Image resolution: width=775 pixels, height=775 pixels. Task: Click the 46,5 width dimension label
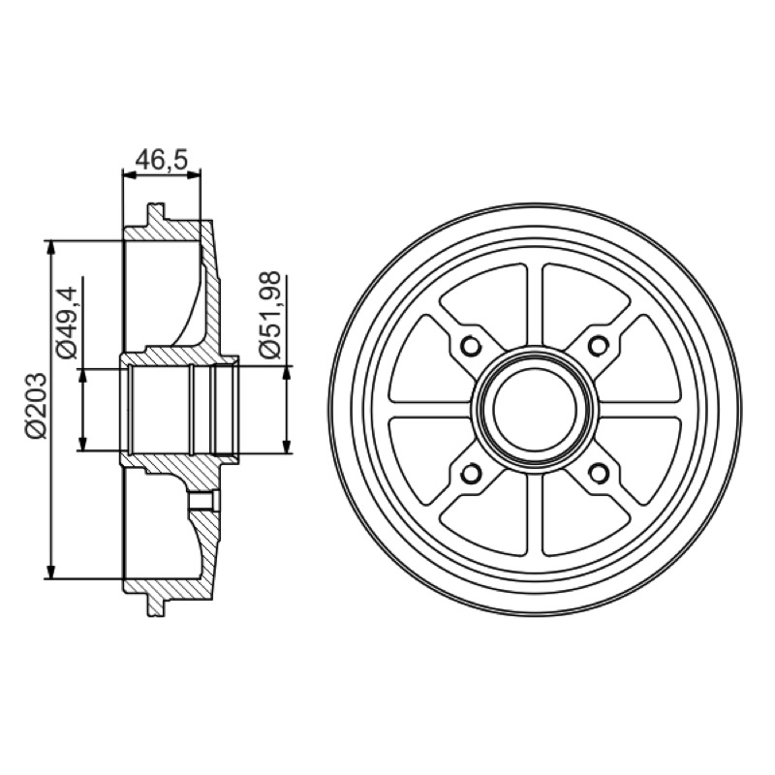162,159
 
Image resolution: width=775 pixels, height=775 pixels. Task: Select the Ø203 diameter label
37,406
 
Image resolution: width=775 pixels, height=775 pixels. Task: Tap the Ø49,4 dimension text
66,322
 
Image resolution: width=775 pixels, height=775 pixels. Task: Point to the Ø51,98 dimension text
270,314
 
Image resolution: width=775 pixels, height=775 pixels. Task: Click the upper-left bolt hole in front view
470,346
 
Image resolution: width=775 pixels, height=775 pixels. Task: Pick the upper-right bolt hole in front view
599,346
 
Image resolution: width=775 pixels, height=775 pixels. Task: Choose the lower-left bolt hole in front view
470,474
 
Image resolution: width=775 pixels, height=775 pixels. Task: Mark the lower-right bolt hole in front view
599,474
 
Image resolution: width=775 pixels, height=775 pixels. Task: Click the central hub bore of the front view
535,410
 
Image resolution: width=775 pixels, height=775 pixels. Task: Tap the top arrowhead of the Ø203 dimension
50,248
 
